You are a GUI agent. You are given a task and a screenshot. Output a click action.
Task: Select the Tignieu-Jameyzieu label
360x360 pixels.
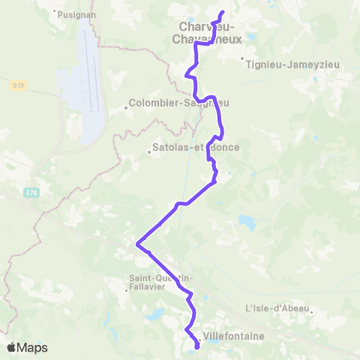tap(292, 64)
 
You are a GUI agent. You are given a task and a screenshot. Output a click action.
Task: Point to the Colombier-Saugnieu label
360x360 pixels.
tap(178, 103)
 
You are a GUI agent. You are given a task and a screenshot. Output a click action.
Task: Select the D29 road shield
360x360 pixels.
tap(18, 85)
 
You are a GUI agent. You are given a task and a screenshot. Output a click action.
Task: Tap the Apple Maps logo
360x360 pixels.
tap(27, 347)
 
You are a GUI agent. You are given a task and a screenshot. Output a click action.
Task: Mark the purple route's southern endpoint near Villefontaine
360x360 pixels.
tap(196, 346)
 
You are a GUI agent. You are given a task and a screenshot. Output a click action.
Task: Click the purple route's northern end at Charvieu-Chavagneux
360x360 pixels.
tap(223, 13)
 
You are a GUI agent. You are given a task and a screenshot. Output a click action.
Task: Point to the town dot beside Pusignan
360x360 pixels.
tap(55, 12)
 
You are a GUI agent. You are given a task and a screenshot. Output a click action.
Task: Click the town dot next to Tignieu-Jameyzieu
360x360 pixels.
tap(241, 58)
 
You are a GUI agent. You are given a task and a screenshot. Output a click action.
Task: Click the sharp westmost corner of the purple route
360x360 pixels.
tap(136, 243)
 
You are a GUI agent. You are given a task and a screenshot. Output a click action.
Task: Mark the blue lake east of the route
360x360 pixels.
tap(247, 221)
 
